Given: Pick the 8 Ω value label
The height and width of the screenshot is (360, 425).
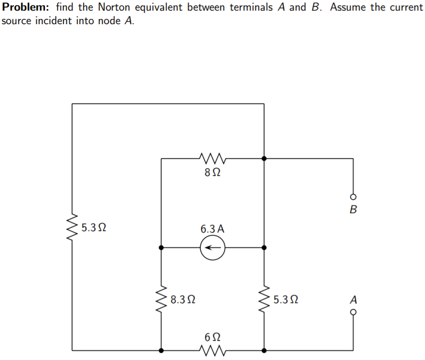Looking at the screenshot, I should pos(211,172).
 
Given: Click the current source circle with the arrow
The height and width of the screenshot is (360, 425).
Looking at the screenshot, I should pos(211,247).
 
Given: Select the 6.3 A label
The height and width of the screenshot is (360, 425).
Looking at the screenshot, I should pos(212,229).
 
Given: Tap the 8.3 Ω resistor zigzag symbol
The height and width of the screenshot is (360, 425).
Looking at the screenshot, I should pos(161,299).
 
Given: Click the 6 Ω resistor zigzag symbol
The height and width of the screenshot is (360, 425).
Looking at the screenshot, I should pos(211,349).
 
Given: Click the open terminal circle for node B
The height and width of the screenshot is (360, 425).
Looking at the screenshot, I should pos(353,197).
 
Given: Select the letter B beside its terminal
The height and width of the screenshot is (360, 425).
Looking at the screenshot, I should pos(353,210).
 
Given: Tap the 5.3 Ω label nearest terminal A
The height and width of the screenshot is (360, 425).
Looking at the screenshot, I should pos(285,300).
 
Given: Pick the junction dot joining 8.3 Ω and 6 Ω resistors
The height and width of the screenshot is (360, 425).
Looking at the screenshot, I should pos(161,349).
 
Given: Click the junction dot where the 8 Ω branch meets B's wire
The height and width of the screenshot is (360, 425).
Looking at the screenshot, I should pos(264,158).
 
